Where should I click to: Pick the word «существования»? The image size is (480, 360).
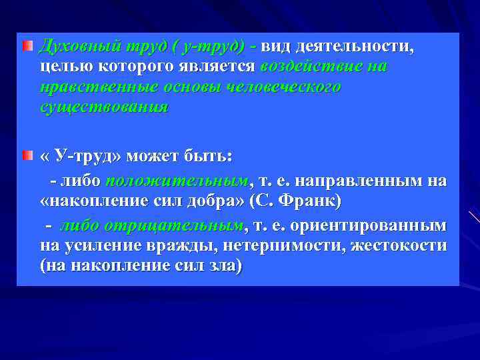pyautogui.click(x=104, y=107)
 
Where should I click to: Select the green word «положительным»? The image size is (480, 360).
pyautogui.click(x=177, y=181)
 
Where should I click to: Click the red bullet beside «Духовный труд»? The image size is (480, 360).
pyautogui.click(x=27, y=47)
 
